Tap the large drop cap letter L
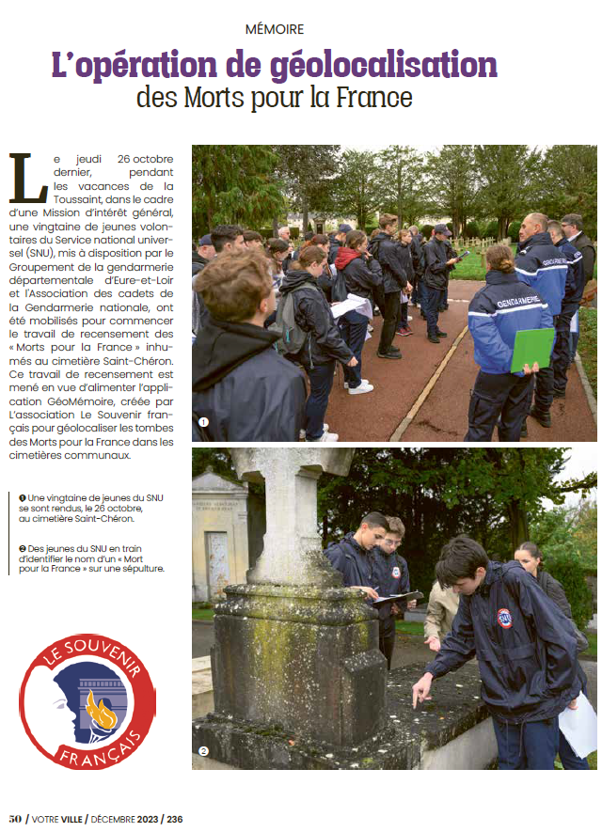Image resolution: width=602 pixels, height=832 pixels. click(27, 179)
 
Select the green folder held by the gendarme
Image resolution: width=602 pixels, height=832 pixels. click(532, 349)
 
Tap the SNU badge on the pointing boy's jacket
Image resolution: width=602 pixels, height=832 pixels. click(505, 618)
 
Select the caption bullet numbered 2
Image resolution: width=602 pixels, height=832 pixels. click(23, 548)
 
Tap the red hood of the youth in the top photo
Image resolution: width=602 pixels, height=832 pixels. click(346, 256)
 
